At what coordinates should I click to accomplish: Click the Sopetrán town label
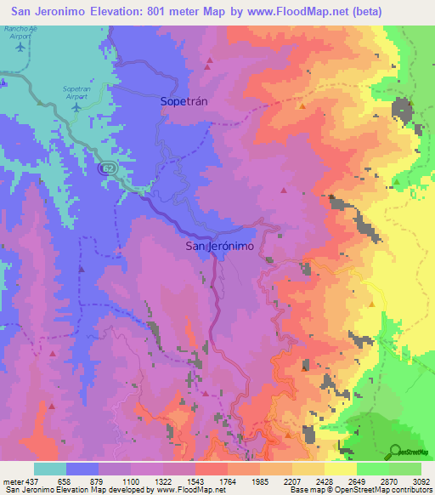click(x=184, y=100)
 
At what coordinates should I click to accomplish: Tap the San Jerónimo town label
click(x=220, y=246)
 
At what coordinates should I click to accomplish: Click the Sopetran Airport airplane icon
click(x=79, y=106)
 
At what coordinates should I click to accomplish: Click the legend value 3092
click(x=421, y=481)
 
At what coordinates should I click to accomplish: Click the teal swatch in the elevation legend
click(x=50, y=469)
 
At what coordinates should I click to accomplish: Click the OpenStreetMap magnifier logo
click(x=395, y=452)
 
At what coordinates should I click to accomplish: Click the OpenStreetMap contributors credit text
click(x=374, y=490)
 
